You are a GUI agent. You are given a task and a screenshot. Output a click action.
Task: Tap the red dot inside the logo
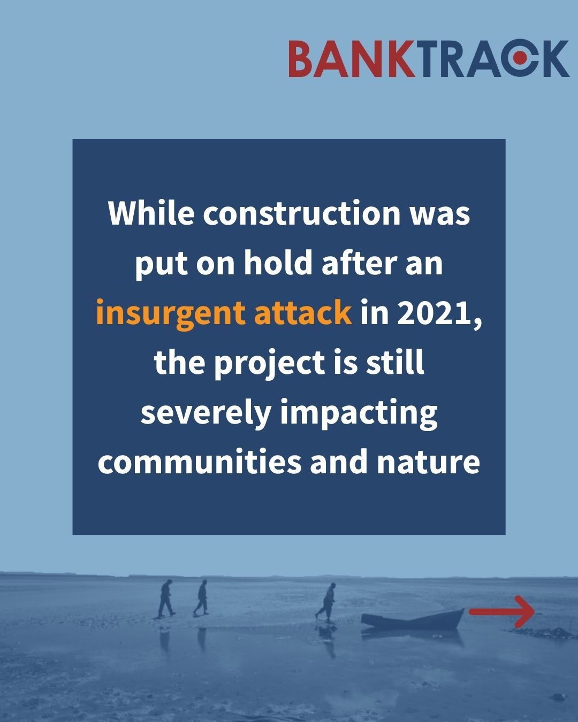520,58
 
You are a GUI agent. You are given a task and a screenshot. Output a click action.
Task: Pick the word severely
206,414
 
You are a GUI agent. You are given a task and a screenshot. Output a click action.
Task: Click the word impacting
359,414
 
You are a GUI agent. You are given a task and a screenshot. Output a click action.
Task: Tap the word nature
428,463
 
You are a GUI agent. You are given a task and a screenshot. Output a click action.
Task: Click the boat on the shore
413,618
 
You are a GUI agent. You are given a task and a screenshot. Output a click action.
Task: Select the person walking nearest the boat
326,603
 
